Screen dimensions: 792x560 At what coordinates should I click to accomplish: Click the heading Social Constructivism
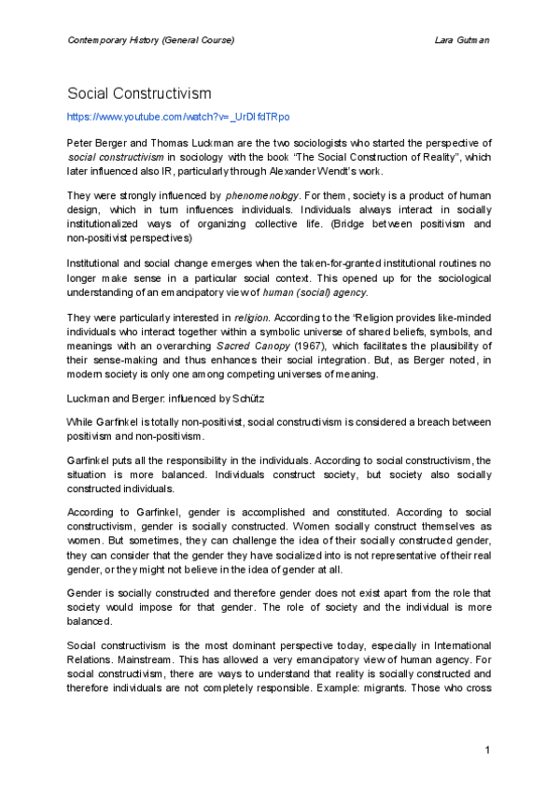click(139, 93)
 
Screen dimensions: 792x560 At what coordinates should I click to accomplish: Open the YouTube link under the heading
click(165, 117)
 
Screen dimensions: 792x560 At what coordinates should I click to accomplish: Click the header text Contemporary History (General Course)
click(150, 40)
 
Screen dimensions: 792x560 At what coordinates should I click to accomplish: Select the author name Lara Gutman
click(463, 40)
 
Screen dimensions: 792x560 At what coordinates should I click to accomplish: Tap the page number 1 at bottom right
click(487, 751)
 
